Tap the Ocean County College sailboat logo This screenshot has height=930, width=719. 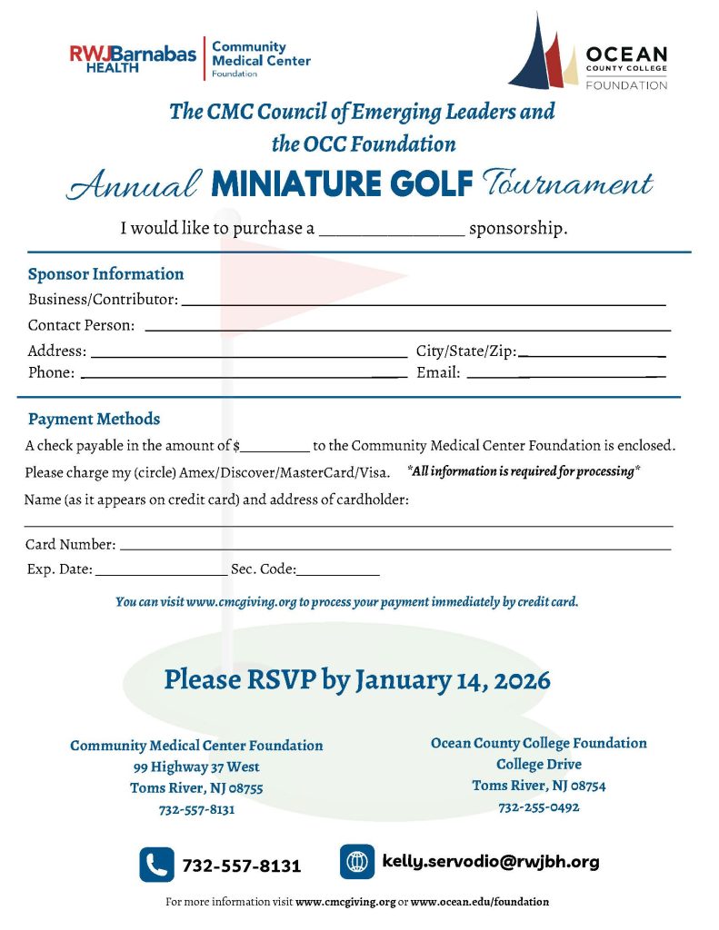point(544,53)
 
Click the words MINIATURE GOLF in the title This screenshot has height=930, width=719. point(342,184)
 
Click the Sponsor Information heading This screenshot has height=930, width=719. point(105,274)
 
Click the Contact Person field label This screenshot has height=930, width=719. point(81,325)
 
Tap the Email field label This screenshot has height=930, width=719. point(438,372)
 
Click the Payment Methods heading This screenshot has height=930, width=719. point(94,420)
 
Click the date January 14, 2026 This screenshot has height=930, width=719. point(453,679)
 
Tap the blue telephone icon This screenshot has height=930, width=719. point(156,865)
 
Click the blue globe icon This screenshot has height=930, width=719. point(357,862)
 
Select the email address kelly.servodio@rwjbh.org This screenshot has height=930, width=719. point(491,862)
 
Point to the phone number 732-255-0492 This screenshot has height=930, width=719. point(538,806)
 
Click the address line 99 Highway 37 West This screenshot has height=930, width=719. point(196,767)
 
